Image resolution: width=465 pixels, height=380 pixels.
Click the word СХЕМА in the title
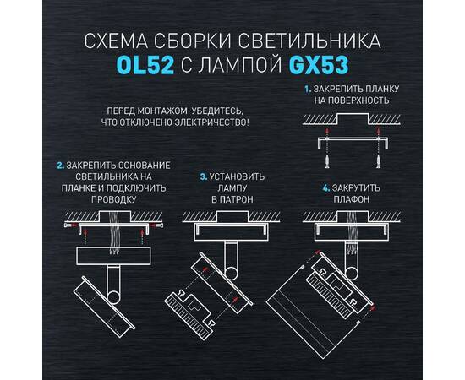tap(112, 41)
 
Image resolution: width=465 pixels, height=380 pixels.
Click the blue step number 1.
tap(308, 88)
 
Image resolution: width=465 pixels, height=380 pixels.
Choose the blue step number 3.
tap(204, 176)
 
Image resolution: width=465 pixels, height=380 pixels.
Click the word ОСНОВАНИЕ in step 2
tap(141, 164)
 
